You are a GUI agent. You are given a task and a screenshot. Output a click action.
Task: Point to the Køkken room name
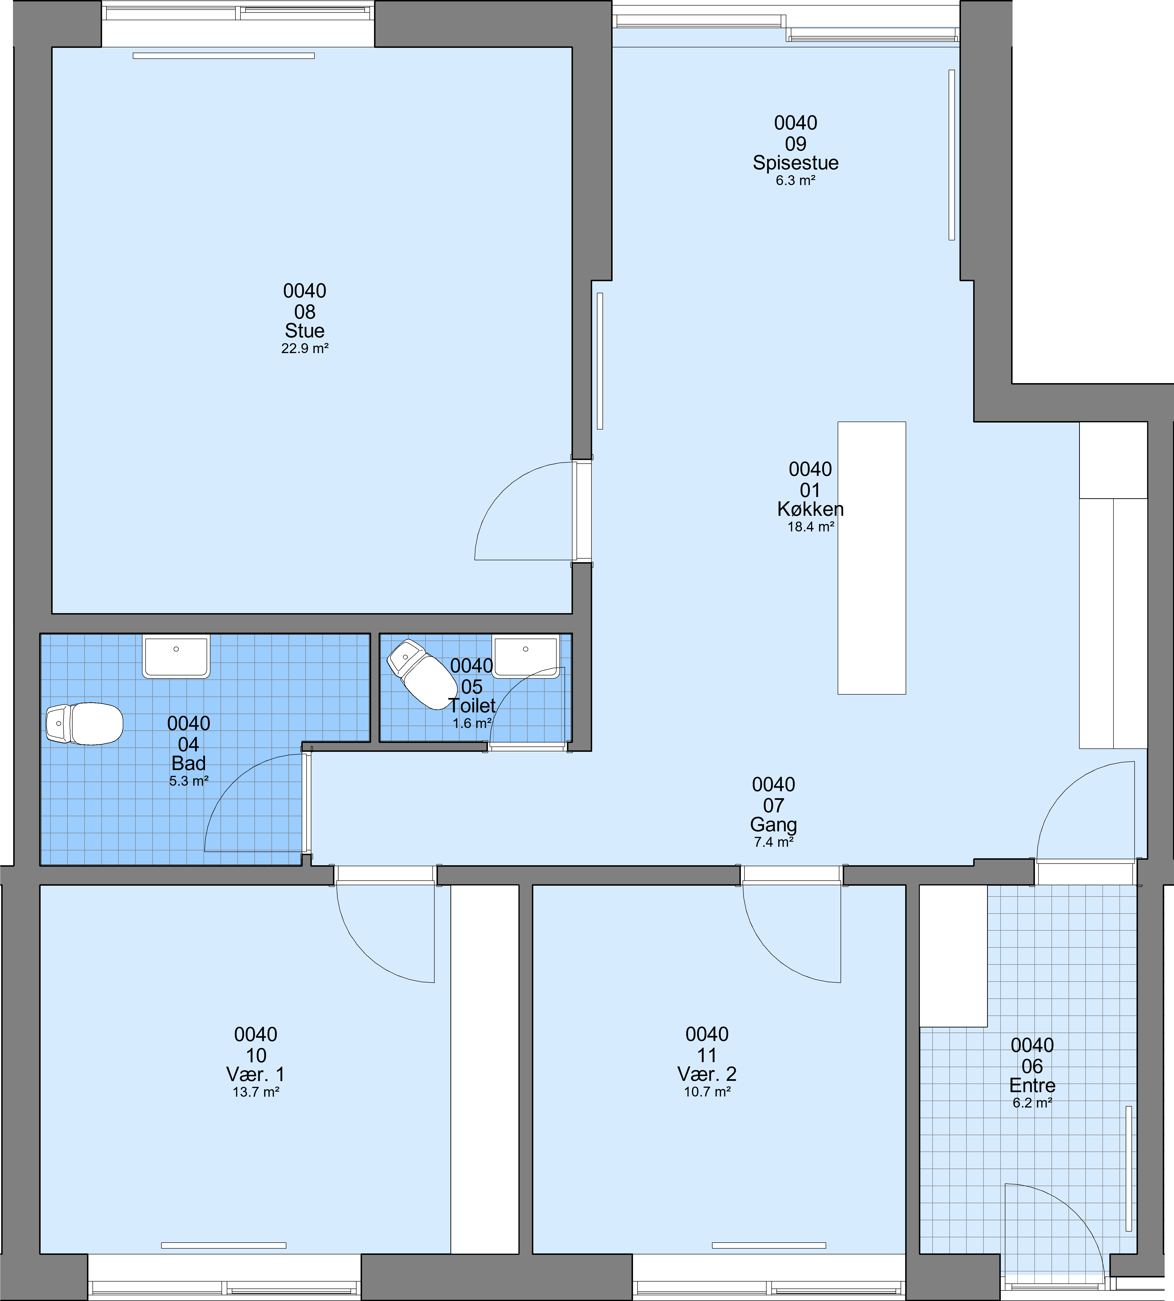coord(810,509)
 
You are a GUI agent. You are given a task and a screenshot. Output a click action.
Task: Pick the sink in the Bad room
coord(176,656)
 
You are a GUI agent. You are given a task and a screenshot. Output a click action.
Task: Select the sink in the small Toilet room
coord(526,656)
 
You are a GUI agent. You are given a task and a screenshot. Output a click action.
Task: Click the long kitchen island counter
coord(872,558)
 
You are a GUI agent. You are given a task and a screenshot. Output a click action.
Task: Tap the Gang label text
coord(774,825)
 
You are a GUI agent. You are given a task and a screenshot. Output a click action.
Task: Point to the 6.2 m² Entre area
coord(1032,1103)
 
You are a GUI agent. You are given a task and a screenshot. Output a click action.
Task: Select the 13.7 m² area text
coord(256,1092)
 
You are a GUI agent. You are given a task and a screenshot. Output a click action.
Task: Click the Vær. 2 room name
coord(707,1074)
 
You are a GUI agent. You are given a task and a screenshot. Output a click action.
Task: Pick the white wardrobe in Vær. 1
coord(485,1069)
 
